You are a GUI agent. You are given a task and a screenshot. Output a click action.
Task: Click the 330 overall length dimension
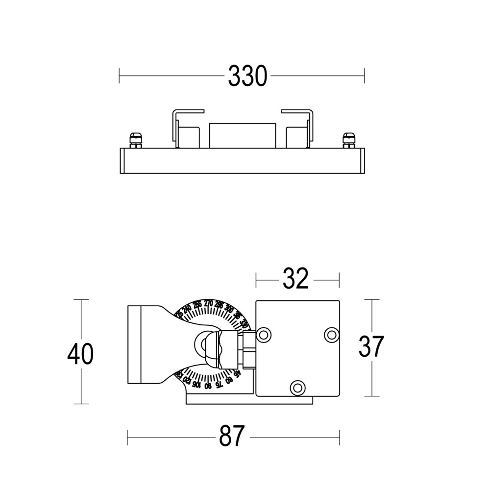click(x=247, y=76)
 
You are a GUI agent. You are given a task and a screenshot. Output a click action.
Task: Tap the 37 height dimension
click(x=371, y=347)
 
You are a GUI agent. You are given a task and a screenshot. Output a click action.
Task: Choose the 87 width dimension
click(x=231, y=436)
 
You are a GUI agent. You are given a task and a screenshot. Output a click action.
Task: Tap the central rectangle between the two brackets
click(x=242, y=135)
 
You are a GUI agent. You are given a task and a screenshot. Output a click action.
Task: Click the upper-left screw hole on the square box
click(x=264, y=335)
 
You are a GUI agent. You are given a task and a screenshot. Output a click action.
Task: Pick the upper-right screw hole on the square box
click(x=332, y=335)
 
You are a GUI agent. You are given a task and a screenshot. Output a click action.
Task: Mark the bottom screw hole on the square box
click(x=296, y=387)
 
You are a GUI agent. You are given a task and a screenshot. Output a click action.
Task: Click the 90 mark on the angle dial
click(x=208, y=386)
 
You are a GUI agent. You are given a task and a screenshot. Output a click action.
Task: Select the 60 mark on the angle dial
click(x=228, y=380)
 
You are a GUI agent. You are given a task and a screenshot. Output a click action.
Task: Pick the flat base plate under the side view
click(x=249, y=400)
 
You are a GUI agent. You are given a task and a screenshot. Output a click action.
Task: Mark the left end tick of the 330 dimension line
click(x=119, y=76)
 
